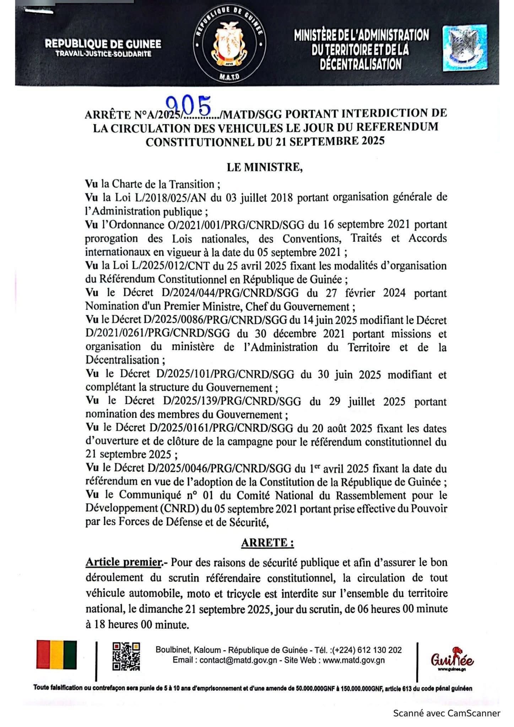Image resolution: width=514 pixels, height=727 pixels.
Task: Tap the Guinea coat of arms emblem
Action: coord(229,45)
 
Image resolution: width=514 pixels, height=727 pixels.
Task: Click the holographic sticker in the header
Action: coord(465,48)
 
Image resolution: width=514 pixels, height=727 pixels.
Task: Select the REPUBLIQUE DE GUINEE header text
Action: coord(103,44)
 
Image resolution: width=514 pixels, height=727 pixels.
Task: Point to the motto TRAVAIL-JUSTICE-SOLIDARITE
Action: coord(103,54)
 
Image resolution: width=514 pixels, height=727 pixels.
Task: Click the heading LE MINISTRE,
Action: coord(265,167)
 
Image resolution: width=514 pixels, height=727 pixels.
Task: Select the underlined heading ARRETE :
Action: coord(267,543)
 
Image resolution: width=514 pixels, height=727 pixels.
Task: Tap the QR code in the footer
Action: coord(126,656)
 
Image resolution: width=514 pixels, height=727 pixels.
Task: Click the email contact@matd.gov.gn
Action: coord(234,660)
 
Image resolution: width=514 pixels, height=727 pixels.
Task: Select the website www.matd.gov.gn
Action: coord(353,660)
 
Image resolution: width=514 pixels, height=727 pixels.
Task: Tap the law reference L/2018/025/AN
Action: coord(170,197)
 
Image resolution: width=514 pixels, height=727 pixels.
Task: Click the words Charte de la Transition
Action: coord(163,184)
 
